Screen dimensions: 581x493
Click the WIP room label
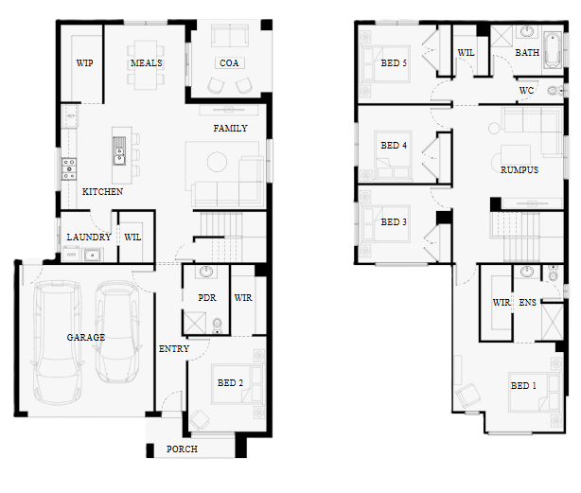point(84,63)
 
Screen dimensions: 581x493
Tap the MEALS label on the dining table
point(147,63)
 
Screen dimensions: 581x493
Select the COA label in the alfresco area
point(229,63)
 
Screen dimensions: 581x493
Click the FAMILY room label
point(230,128)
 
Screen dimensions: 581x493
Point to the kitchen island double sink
point(119,150)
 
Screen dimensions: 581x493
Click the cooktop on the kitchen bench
point(69,168)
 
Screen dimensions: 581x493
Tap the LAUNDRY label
point(89,238)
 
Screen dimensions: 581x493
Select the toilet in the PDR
point(217,326)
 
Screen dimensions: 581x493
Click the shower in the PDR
point(195,323)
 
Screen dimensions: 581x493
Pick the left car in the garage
point(57,342)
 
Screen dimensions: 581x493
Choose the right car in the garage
point(116,332)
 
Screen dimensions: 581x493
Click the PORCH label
point(182,449)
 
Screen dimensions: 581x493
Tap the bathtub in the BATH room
point(553,50)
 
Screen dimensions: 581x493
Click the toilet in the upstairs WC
point(555,90)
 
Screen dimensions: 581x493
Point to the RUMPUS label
point(519,170)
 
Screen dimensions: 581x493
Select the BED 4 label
point(394,145)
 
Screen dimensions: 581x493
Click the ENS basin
point(526,272)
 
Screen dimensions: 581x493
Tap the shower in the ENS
point(552,322)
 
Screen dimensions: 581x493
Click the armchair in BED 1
point(468,396)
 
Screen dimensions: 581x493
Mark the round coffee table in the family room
point(217,162)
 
